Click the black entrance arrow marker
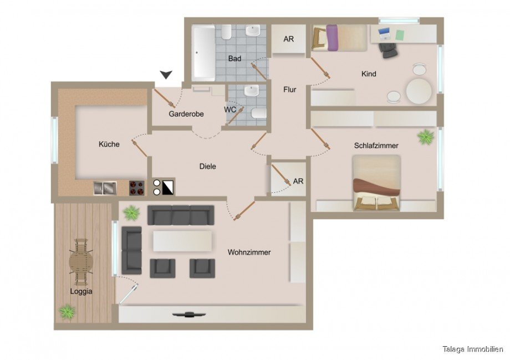pyautogui.click(x=166, y=74)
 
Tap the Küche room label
pyautogui.click(x=109, y=144)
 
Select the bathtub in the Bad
pyautogui.click(x=203, y=53)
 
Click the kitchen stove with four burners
pyautogui.click(x=136, y=187)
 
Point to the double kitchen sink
pyautogui.click(x=105, y=188)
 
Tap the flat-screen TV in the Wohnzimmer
pyautogui.click(x=188, y=314)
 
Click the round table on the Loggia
pyautogui.click(x=81, y=262)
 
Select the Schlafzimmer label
pyautogui.click(x=376, y=146)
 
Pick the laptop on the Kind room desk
pyautogui.click(x=384, y=33)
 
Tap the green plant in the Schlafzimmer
pyautogui.click(x=426, y=137)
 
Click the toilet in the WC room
pyautogui.click(x=259, y=114)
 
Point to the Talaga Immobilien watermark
pyautogui.click(x=473, y=349)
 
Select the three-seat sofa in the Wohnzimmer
pyautogui.click(x=181, y=215)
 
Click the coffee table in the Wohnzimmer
pyautogui.click(x=182, y=241)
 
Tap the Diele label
pyautogui.click(x=207, y=166)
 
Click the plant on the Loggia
pyautogui.click(x=67, y=312)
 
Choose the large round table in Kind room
pyautogui.click(x=419, y=91)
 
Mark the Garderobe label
pyautogui.click(x=186, y=114)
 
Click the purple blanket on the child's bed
pyautogui.click(x=332, y=38)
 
